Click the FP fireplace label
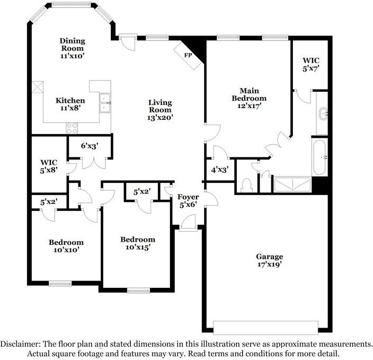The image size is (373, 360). click(x=188, y=55)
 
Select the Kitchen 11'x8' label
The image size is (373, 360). click(x=71, y=104)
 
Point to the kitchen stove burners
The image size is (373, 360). click(x=72, y=128)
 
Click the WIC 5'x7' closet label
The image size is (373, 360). click(x=310, y=64)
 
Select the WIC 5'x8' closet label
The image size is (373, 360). click(x=49, y=165)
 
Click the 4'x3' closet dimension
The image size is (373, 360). click(x=219, y=170)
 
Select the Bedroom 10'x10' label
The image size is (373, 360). click(x=66, y=246)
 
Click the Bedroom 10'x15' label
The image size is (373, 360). click(x=137, y=243)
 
